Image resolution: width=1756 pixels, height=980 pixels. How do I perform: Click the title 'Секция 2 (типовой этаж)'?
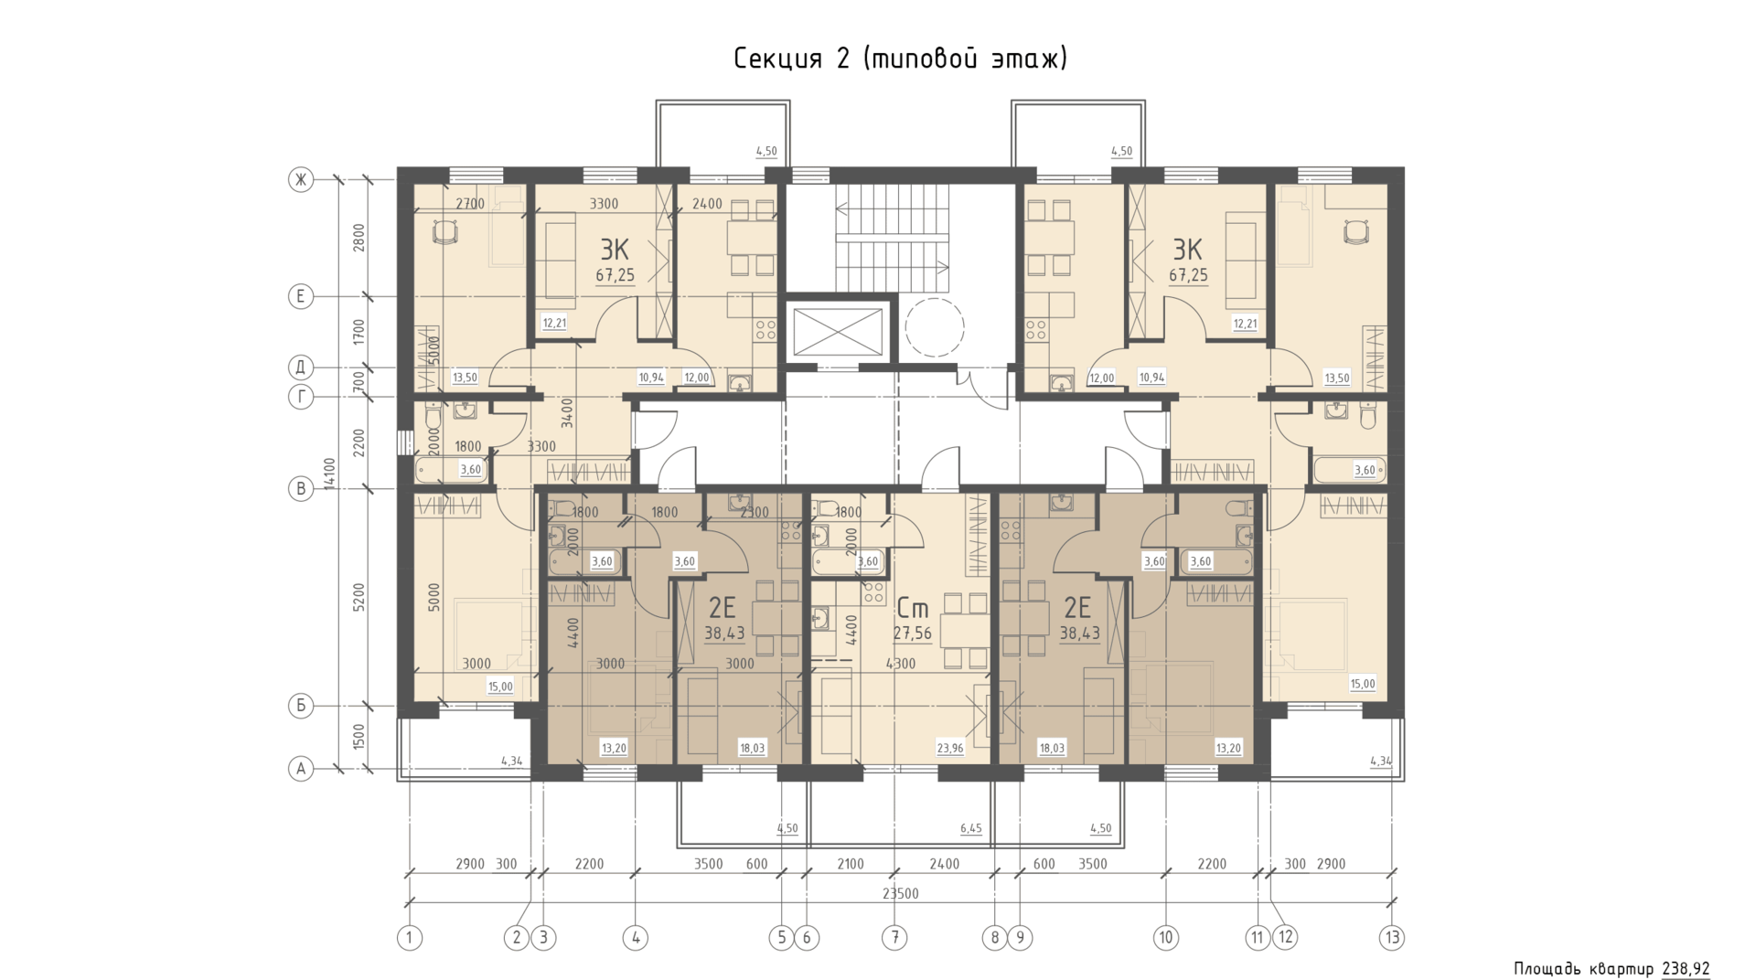click(901, 59)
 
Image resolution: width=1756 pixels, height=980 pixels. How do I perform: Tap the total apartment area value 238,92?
click(1686, 969)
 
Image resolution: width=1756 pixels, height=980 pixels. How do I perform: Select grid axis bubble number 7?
click(894, 937)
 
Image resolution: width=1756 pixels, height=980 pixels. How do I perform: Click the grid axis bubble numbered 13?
click(1392, 937)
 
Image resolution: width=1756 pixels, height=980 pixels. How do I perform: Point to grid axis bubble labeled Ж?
click(301, 180)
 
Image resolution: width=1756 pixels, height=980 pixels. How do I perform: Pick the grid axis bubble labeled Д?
click(301, 367)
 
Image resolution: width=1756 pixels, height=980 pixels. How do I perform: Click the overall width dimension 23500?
click(901, 893)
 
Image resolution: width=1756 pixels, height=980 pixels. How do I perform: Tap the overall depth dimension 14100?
click(330, 474)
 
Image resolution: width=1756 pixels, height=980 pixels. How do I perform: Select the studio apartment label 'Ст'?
click(913, 607)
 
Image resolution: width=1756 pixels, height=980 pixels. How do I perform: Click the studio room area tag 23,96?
click(950, 748)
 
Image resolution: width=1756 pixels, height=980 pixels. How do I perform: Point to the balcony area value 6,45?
click(971, 828)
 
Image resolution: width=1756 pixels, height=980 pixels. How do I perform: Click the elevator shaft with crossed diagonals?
click(839, 330)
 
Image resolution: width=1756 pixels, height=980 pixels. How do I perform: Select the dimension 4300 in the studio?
click(901, 664)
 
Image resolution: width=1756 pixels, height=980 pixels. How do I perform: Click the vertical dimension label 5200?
click(359, 598)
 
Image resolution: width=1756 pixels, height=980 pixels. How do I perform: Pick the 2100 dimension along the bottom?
click(851, 864)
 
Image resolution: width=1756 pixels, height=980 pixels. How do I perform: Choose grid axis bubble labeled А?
click(301, 769)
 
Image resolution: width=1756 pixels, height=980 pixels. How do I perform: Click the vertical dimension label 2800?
click(359, 238)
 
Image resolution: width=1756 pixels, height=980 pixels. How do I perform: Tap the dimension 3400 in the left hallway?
click(567, 413)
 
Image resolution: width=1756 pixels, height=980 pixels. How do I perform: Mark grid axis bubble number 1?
click(410, 937)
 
